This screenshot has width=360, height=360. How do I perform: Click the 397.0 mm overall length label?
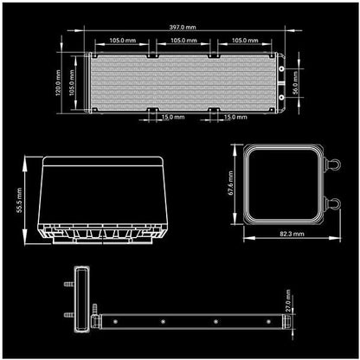pos(183,27)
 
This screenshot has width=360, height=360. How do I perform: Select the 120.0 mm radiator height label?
pos(58,82)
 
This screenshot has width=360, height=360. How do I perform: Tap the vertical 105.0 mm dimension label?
pos(72,82)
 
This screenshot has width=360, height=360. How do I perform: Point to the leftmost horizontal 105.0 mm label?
pos(122,41)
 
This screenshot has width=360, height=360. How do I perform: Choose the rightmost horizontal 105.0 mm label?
pos(245,41)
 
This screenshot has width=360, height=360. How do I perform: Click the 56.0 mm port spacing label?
pos(295,83)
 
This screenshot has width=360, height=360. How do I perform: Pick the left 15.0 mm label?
pos(173,117)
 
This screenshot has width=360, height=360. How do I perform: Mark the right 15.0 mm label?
pos(235,117)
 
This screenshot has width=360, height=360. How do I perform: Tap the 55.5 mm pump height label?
pos(19,200)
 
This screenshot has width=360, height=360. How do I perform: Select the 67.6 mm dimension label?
pos(230,183)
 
